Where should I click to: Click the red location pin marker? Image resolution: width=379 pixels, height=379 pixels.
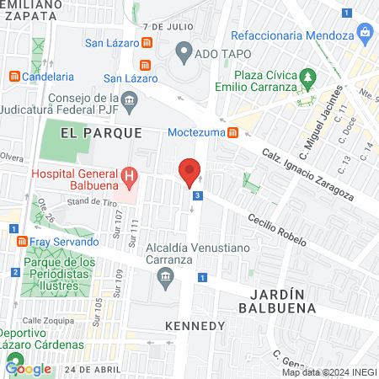[x=189, y=172]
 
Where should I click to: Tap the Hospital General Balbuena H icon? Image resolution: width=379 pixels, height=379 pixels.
[x=129, y=176]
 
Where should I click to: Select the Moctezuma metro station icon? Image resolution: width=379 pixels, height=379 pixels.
[x=233, y=133]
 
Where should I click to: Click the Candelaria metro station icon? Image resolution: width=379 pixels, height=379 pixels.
[x=14, y=76]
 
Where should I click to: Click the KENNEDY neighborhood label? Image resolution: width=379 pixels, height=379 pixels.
[x=195, y=325]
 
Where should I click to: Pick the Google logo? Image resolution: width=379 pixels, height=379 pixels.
[x=29, y=368]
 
